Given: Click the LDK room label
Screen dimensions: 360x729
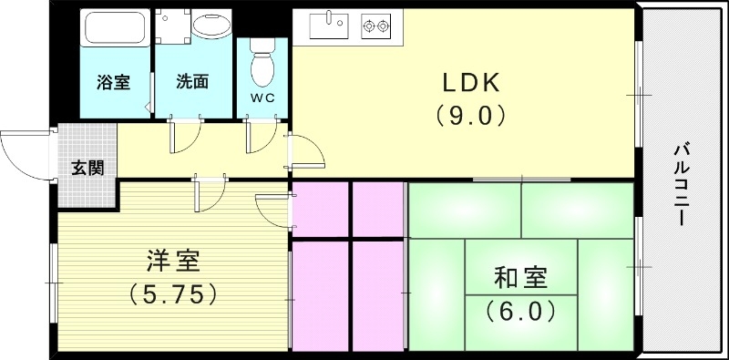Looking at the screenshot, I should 472,83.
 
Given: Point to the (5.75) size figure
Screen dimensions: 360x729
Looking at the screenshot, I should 172,293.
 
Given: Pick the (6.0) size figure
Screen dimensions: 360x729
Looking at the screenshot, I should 521,311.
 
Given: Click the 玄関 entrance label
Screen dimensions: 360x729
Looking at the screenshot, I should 87,168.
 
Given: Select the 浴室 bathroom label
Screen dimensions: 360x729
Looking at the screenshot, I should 114,82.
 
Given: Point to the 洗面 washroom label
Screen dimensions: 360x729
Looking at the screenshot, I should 192,82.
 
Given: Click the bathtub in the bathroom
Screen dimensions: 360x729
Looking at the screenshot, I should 115,30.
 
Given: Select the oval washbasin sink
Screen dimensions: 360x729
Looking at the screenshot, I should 211,26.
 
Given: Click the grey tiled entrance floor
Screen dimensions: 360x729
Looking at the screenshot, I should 87,150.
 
